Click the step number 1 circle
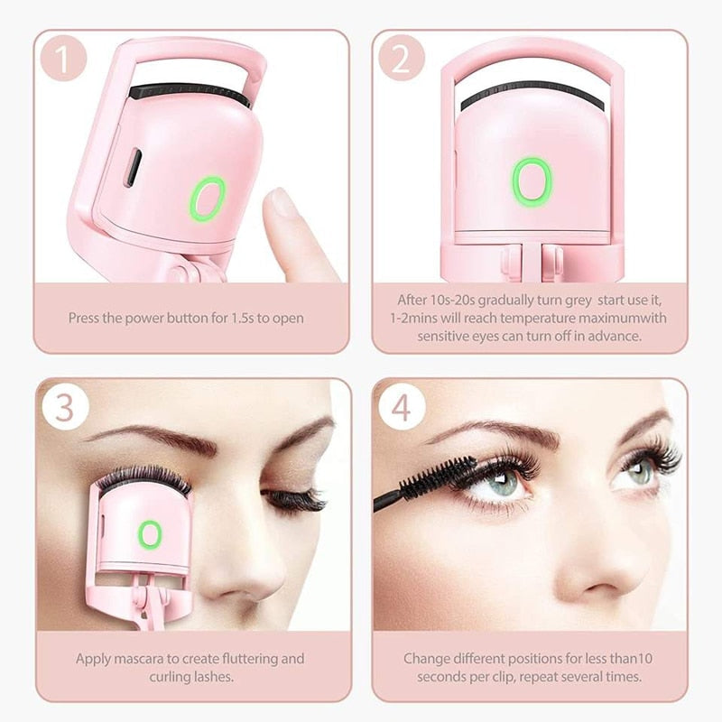[64, 59]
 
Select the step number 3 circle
[64, 407]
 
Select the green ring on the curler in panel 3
[150, 534]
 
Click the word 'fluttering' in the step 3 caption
[251, 659]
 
